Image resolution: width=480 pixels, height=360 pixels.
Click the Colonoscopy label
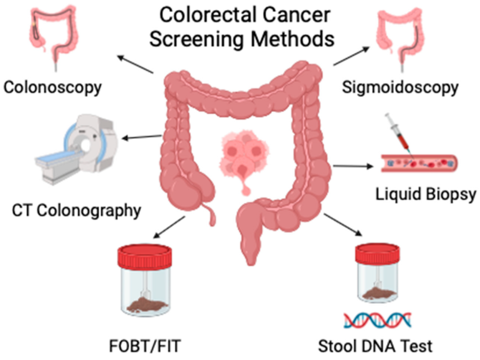tap(52, 87)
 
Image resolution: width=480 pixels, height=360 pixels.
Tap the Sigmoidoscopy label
tap(399, 87)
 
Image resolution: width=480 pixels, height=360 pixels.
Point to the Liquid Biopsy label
tap(426, 194)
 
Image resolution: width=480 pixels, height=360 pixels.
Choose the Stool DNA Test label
tap(375, 347)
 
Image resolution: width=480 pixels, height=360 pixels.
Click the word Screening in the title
tap(199, 39)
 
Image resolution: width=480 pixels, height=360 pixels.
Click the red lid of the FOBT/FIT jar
tap(144, 256)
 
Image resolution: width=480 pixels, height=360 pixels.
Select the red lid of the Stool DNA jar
tap(377, 254)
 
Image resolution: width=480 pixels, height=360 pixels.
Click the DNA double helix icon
tap(377, 320)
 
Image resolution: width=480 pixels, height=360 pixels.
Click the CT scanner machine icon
tap(78, 147)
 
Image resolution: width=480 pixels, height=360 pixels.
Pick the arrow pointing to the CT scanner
tap(140, 137)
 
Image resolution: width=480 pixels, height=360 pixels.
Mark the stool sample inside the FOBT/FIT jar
tap(144, 306)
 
